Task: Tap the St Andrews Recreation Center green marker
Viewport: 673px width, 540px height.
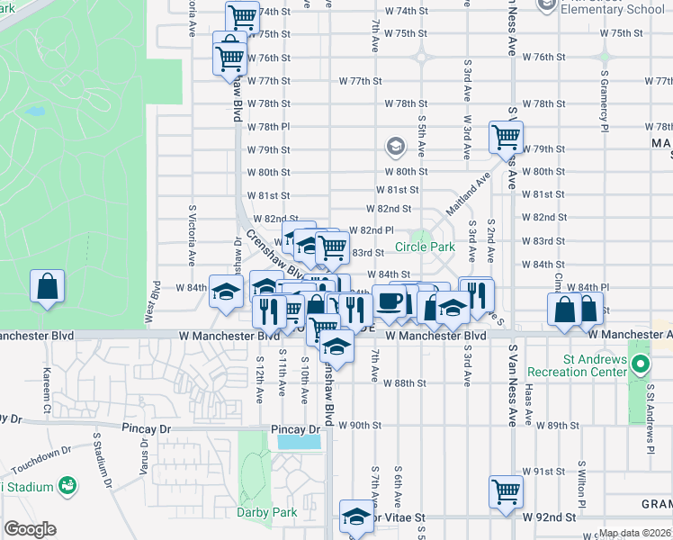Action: point(640,365)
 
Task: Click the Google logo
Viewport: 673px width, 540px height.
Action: point(30,529)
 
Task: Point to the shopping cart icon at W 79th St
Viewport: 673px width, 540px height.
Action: point(506,137)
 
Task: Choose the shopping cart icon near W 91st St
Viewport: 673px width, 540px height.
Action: point(506,490)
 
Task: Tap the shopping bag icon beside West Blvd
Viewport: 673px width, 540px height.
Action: point(47,286)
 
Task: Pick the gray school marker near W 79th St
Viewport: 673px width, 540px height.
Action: point(394,146)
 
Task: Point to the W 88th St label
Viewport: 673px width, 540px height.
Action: point(403,382)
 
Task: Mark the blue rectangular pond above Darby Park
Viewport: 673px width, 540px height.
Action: point(299,442)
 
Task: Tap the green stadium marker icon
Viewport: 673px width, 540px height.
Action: point(66,486)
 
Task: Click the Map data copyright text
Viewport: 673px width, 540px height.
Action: point(634,533)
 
